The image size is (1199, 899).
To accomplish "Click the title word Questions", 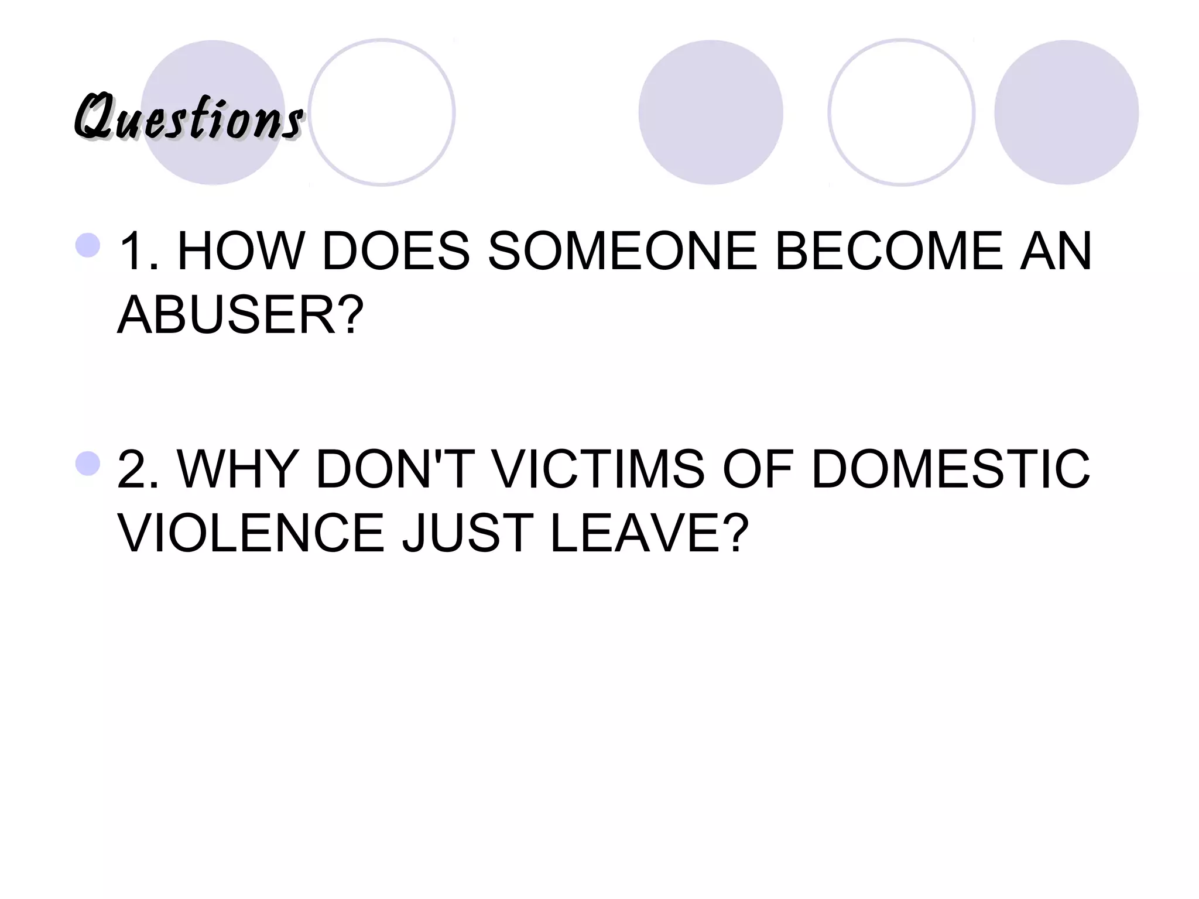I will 189,118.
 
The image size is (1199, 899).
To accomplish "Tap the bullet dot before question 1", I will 88,245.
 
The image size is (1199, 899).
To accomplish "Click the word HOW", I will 241,252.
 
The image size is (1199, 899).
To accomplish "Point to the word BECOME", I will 889,252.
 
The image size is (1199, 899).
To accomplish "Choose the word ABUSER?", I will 241,315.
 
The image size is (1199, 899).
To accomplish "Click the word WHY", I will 238,469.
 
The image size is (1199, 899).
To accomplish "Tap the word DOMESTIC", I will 951,469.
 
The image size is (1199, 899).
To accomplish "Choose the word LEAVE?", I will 649,533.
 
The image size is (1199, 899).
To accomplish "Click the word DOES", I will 396,252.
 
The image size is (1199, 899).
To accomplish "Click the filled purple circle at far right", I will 1066,112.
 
